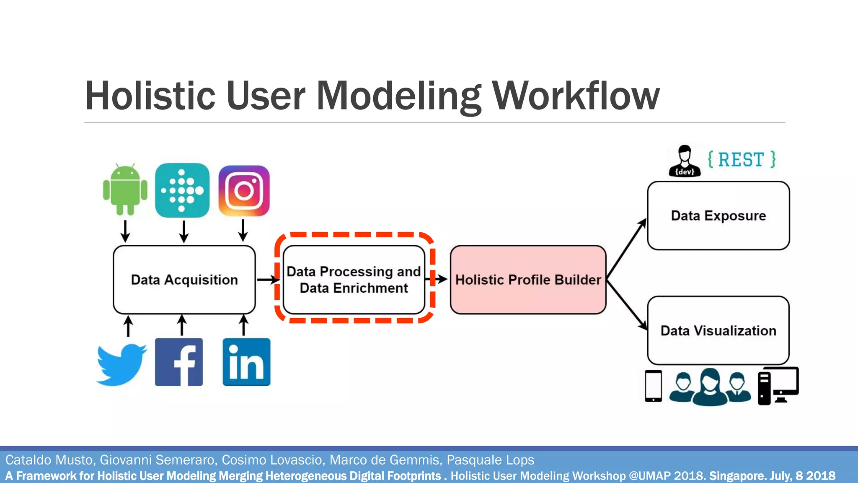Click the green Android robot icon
[x=125, y=190]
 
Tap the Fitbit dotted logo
[x=182, y=190]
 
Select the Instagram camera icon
[x=244, y=191]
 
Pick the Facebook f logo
[x=179, y=362]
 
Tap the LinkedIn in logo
[x=246, y=362]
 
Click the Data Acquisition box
[x=184, y=280]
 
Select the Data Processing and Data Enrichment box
[x=354, y=280]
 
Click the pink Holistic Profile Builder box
[x=528, y=280]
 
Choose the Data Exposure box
[x=718, y=216]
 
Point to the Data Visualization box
[x=718, y=330]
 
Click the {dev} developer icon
[x=685, y=161]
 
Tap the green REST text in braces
[x=742, y=160]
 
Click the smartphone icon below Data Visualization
[x=653, y=386]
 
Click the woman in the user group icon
[x=710, y=387]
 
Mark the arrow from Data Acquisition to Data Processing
[x=268, y=280]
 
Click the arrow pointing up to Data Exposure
[x=626, y=249]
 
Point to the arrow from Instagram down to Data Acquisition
[x=243, y=230]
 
